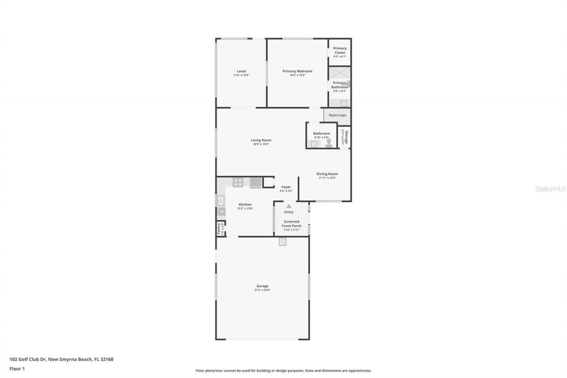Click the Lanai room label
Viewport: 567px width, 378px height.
241,71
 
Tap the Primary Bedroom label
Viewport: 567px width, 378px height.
297,71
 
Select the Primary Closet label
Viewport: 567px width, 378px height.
340,51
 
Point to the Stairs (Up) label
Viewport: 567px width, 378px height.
338,115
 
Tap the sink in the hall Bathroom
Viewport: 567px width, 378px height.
314,144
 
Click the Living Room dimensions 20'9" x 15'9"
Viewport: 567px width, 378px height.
261,144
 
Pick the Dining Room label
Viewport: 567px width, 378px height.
327,174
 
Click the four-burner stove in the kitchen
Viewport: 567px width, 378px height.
238,182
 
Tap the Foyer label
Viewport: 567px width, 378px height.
286,187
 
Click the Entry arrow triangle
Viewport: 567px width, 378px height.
289,206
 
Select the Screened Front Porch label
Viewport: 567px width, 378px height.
291,224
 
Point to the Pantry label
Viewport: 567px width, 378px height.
218,229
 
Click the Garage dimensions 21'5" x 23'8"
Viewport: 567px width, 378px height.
262,290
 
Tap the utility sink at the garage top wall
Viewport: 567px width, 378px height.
283,242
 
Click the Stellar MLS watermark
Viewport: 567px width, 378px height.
550,189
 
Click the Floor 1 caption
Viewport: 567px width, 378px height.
17,368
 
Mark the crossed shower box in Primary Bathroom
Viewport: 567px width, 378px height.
339,73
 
